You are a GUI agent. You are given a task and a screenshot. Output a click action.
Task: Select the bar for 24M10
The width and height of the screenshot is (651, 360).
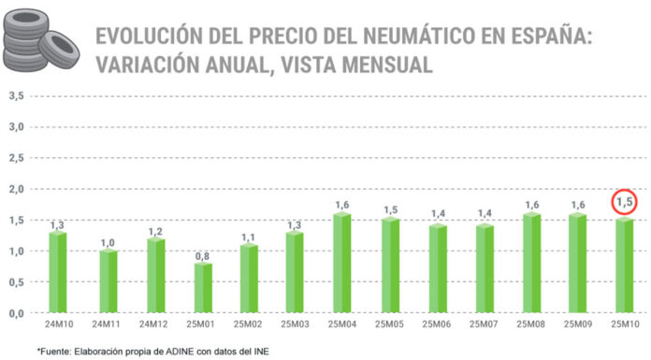click(57, 272)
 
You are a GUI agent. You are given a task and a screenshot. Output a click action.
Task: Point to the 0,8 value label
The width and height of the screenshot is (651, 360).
click(203, 255)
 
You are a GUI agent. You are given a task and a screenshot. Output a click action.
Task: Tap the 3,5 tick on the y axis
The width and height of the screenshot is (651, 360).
click(16, 95)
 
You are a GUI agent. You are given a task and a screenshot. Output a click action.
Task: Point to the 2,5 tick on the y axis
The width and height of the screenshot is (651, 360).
click(16, 157)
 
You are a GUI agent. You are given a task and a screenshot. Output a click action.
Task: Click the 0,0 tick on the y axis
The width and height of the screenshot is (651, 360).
click(16, 313)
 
